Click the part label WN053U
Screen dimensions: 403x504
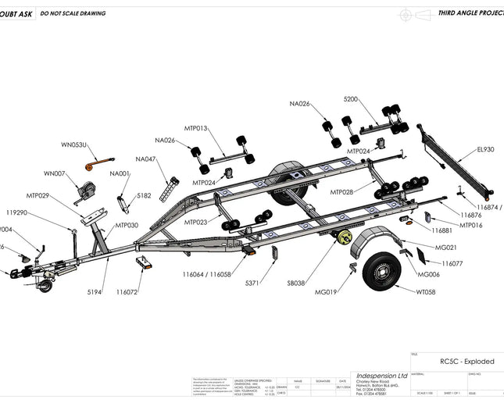74,144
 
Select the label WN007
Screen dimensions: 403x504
55,173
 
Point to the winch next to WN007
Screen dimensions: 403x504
88,190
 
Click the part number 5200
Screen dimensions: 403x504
351,99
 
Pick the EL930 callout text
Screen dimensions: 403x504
485,149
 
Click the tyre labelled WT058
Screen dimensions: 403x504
382,270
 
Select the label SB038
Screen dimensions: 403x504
297,283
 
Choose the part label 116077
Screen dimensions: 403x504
452,264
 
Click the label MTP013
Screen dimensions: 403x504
196,128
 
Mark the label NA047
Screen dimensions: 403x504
145,159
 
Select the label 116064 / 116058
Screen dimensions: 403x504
207,274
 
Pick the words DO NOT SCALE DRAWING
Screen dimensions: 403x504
73,13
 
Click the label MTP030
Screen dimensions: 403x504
127,225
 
